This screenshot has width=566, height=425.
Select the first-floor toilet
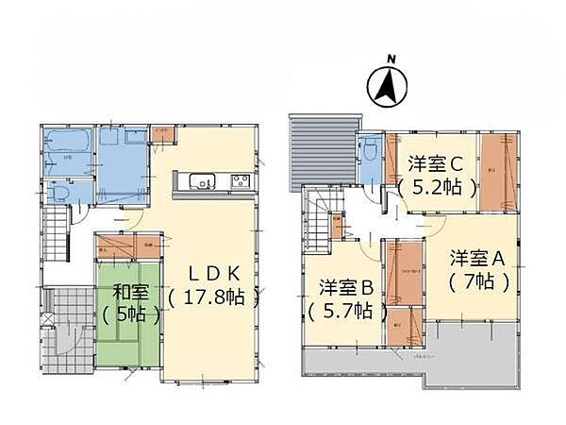(x=58, y=192)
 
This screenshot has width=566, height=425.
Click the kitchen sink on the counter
(x=203, y=182)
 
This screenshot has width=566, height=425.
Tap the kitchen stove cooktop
(x=238, y=182)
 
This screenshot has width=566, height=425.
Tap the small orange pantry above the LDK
(x=162, y=133)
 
